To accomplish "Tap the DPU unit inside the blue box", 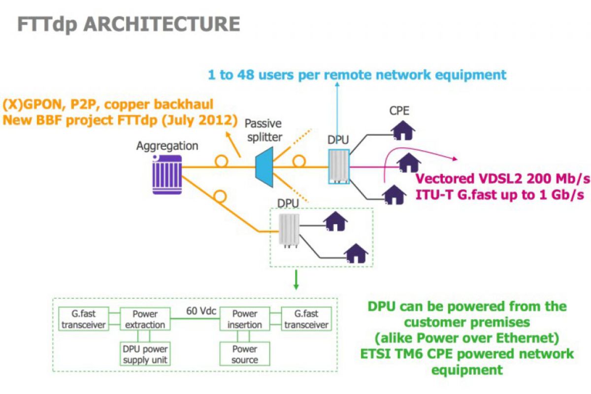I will point(338,166).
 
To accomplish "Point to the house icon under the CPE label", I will point(403,131).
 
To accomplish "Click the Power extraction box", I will point(145,319).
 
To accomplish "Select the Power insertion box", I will point(245,319).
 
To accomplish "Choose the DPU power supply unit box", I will point(145,354).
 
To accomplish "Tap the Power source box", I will point(245,354).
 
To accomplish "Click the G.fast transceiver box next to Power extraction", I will point(84,319).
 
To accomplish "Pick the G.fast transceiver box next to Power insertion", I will point(306,319).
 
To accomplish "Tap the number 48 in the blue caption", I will point(246,75).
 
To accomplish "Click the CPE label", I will point(399,110).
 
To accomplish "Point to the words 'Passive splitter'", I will point(263,130).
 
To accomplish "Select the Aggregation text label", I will point(167,146).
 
